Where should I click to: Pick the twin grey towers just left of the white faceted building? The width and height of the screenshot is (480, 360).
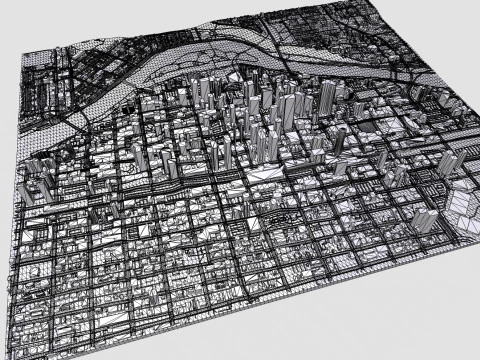[426, 222]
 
